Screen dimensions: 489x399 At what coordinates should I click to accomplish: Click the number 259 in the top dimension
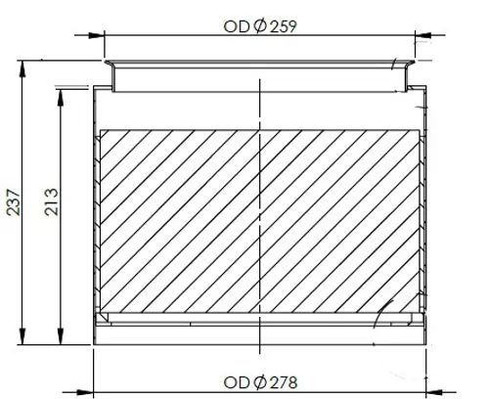(x=284, y=26)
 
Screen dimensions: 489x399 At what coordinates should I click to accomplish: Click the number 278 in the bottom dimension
(x=284, y=382)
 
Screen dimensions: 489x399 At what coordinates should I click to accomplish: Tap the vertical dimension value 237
(x=14, y=202)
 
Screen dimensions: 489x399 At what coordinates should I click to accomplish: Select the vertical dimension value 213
(x=52, y=201)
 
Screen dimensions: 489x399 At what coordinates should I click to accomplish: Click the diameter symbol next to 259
(x=260, y=26)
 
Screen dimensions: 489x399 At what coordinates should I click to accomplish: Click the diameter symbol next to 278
(x=260, y=382)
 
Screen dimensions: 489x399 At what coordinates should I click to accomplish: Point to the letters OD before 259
(x=237, y=26)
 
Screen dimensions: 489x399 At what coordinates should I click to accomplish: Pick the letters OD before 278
(x=237, y=382)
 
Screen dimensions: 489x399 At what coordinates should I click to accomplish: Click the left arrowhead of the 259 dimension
(x=97, y=35)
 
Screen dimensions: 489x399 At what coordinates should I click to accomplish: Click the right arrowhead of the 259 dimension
(x=422, y=35)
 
